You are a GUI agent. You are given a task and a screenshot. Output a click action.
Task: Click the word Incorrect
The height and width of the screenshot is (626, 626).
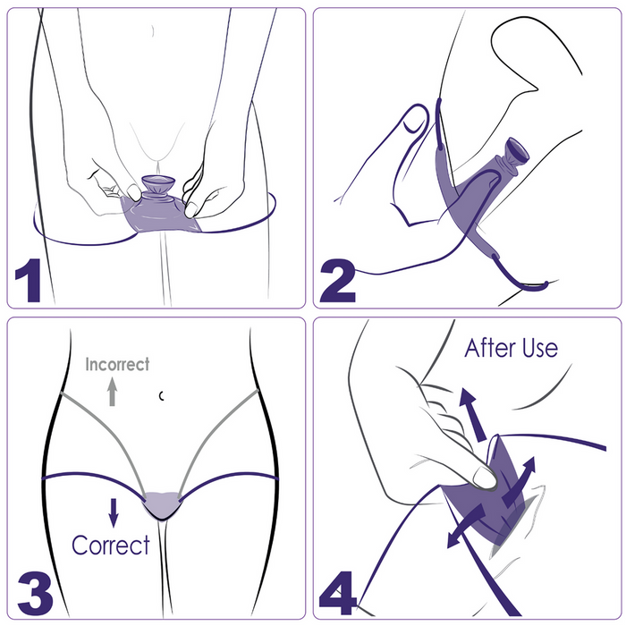[117, 364]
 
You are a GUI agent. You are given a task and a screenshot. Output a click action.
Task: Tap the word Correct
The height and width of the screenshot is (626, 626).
[110, 545]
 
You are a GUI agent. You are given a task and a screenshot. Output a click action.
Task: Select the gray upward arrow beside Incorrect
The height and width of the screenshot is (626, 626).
[112, 391]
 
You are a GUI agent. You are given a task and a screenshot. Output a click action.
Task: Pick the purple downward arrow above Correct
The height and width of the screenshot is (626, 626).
[114, 512]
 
